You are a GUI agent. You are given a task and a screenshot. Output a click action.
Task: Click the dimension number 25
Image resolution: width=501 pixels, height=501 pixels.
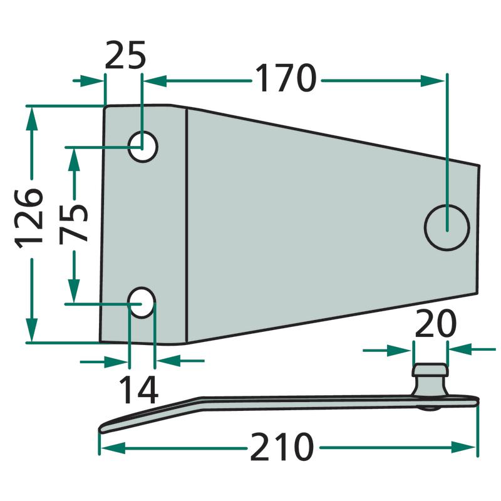tap(125, 54)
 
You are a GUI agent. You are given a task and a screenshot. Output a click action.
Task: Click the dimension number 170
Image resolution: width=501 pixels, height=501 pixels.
tap(286, 78)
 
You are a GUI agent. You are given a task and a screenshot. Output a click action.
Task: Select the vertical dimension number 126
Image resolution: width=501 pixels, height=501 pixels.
tap(29, 219)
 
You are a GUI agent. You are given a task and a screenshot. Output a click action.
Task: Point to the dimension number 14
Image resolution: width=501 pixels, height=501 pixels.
tap(138, 390)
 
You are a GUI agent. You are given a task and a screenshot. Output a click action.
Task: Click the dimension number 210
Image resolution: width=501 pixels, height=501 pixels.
tap(281, 447)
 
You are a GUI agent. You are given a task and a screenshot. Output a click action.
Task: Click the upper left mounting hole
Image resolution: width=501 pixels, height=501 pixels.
tap(143, 147)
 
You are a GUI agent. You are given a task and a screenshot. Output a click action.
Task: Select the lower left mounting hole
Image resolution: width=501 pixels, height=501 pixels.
tap(142, 302)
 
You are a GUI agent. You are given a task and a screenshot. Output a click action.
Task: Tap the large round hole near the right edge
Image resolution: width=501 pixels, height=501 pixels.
tap(447, 227)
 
